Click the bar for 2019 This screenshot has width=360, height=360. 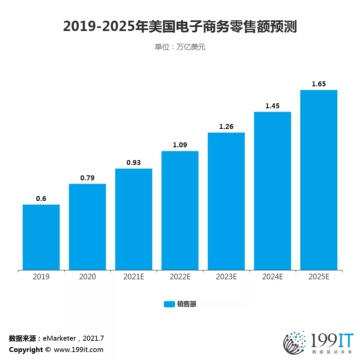coord(41,237)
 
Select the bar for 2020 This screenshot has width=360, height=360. coord(87,227)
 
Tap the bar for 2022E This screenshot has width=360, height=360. coord(180,210)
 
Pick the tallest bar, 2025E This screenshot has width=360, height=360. coord(319,180)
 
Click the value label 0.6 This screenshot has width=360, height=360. coord(41,199)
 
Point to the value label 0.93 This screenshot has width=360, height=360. coord(134,163)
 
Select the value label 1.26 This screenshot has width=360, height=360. coord(226,127)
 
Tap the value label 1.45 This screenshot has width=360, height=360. coord(272,106)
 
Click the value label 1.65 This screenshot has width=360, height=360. coord(319,84)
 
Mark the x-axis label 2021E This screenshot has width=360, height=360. coord(134,277)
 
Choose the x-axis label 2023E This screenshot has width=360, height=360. coord(226,277)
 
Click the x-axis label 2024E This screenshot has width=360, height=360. coord(272,277)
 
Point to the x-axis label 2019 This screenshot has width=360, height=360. coord(41,277)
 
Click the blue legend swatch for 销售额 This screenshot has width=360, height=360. coord(169,304)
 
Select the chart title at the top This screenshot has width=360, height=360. coord(180,27)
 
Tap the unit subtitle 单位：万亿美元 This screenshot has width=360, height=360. coord(180,47)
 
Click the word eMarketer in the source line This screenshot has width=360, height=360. coord(59,338)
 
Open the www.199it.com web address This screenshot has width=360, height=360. coord(79,350)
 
